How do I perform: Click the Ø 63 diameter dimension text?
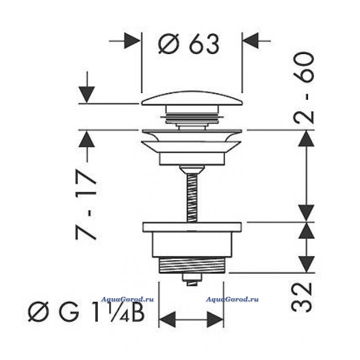(x=189, y=44)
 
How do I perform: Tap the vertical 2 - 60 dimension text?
(x=303, y=87)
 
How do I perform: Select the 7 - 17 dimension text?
(x=86, y=205)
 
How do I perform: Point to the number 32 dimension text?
(x=302, y=297)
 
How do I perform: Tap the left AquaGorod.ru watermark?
(x=128, y=299)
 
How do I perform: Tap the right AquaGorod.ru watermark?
(x=232, y=299)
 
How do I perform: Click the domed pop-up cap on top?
(x=192, y=99)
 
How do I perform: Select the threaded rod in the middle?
(x=192, y=198)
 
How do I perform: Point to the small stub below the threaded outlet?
(x=192, y=279)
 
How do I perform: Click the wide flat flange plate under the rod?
(x=192, y=227)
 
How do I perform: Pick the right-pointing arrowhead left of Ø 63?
(x=132, y=41)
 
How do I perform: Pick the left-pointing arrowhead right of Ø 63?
(x=251, y=41)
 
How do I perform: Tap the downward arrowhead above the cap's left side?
(x=86, y=95)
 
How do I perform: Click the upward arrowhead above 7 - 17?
(x=86, y=139)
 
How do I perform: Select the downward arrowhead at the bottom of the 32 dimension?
(x=307, y=264)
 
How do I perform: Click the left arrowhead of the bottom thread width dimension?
(x=167, y=319)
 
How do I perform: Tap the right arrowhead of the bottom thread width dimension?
(x=215, y=319)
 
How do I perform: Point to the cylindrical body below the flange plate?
(x=192, y=244)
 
